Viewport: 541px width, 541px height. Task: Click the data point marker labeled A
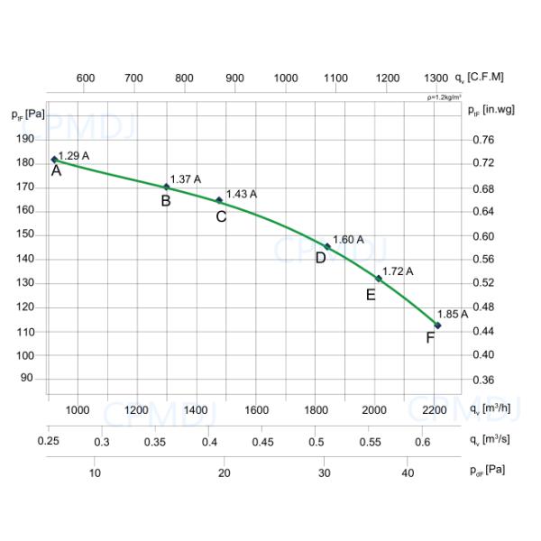(55, 160)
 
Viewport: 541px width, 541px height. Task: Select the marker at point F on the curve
(438, 326)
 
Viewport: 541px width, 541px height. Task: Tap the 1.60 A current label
(348, 240)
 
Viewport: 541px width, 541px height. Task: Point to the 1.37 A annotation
(185, 179)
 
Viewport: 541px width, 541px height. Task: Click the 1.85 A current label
(452, 315)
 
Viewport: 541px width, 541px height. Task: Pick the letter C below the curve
(221, 216)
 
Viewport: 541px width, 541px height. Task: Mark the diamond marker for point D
(327, 246)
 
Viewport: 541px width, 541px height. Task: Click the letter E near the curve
(371, 295)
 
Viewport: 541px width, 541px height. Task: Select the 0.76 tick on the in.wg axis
(483, 140)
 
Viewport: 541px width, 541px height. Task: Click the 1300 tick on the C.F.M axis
(436, 78)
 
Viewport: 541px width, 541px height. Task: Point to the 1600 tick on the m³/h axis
(256, 410)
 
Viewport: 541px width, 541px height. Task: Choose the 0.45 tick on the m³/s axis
(262, 442)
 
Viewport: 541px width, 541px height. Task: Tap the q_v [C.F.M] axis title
(480, 78)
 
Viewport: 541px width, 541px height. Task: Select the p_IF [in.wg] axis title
(491, 110)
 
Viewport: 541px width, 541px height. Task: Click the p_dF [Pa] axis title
(487, 472)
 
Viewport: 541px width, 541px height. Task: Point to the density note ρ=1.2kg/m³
(445, 96)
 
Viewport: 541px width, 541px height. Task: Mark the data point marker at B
(166, 188)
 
